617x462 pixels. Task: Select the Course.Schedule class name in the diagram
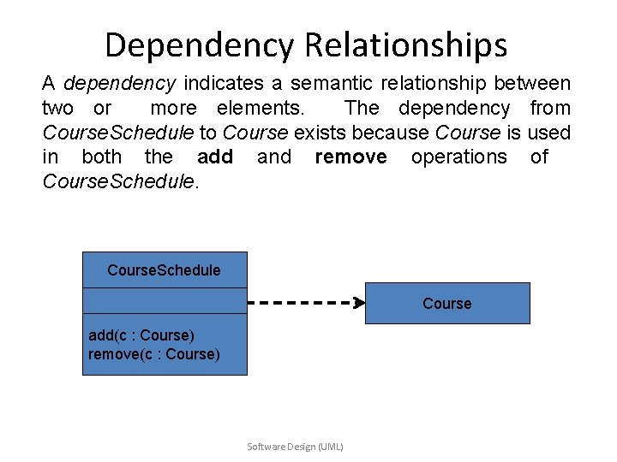(x=164, y=270)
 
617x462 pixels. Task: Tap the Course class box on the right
(x=447, y=304)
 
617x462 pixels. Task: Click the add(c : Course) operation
(x=141, y=335)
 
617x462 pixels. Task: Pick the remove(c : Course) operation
(x=154, y=354)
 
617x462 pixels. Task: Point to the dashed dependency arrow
(x=300, y=302)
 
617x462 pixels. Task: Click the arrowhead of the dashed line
(x=360, y=302)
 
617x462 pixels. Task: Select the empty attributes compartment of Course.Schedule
(x=164, y=303)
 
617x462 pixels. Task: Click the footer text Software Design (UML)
(x=295, y=447)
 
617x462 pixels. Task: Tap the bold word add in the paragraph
(x=215, y=157)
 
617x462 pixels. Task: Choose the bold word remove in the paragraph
(x=350, y=157)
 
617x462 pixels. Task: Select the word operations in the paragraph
(x=459, y=157)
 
